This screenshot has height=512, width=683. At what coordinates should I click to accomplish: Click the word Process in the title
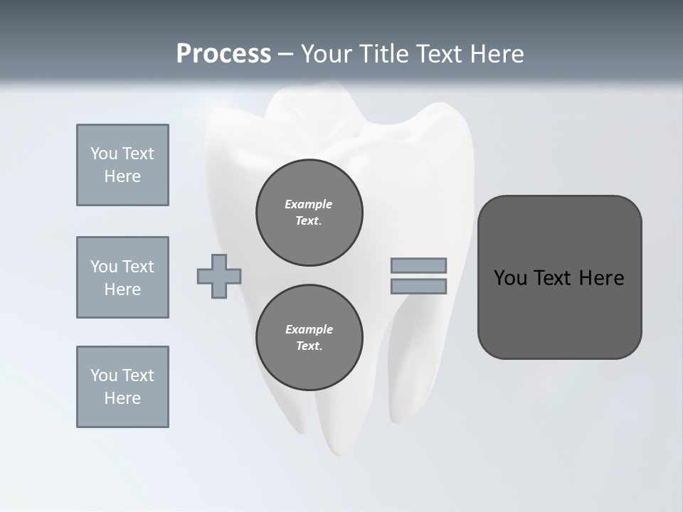coord(223,54)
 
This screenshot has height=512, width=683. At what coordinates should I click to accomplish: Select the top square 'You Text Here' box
coord(122,165)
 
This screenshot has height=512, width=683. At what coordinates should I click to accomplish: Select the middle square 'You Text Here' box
coord(122,277)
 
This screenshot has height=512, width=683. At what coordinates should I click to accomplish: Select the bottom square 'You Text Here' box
coord(122,387)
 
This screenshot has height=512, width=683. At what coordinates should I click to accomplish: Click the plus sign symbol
coord(219,276)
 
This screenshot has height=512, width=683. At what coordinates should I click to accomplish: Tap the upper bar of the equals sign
coord(418,265)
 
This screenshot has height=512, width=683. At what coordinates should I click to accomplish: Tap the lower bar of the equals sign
coord(418,287)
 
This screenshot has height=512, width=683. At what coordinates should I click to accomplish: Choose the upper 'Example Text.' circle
coord(309,213)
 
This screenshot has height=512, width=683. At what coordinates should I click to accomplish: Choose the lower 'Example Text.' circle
coord(309,338)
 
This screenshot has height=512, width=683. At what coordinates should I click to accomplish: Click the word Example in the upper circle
coord(309,204)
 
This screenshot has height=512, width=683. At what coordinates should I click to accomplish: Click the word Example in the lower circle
coord(309,329)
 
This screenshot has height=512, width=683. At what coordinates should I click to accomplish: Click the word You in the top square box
coord(103,154)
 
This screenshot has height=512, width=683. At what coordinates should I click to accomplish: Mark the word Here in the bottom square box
coord(122,398)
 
